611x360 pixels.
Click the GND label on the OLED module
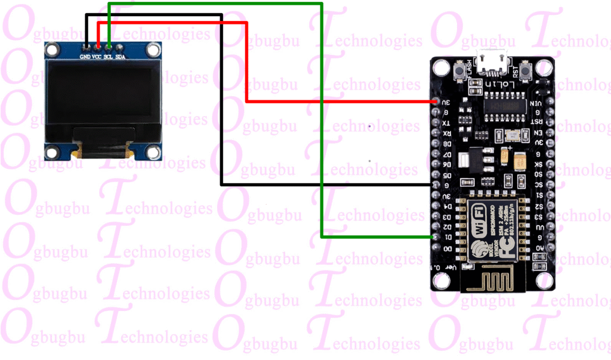coord(85,57)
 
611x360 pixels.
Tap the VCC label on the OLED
coord(97,57)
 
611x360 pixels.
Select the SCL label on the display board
coord(109,57)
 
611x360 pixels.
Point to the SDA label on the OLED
coord(121,57)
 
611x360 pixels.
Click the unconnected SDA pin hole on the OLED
coord(120,46)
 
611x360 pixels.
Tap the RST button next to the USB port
coord(526,73)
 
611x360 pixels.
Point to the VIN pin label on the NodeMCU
coord(536,103)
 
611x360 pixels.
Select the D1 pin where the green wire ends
coord(434,237)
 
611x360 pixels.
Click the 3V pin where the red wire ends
coord(434,102)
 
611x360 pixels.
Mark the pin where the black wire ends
coord(434,185)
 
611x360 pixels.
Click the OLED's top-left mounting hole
coord(54,50)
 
